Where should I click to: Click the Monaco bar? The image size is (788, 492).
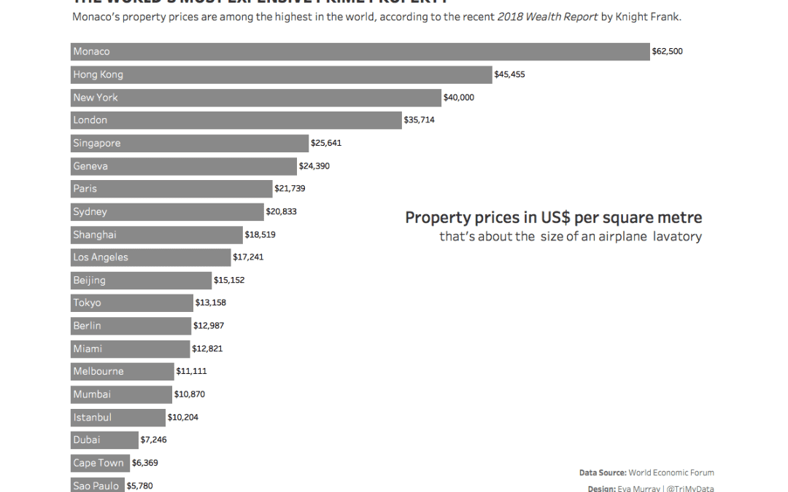(360, 52)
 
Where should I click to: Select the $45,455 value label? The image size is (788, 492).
(509, 74)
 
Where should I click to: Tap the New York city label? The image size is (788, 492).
(95, 98)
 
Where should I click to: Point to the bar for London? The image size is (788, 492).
(236, 120)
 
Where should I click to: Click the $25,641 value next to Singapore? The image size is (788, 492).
(326, 143)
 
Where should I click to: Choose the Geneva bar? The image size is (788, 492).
(184, 166)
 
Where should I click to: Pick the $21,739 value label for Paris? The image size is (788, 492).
(290, 189)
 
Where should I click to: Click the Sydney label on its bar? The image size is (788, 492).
(90, 212)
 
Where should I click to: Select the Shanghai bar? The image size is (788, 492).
(157, 235)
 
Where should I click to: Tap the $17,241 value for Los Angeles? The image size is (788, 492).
(248, 257)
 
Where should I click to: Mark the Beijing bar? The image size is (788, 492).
(141, 280)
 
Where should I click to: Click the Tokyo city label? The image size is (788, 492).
(87, 302)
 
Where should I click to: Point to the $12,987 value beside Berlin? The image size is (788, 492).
(208, 326)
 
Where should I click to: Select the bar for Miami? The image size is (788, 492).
(130, 348)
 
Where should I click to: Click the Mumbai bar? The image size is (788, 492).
(121, 394)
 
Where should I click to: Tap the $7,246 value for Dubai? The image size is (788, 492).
(153, 440)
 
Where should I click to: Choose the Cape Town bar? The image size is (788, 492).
(99, 463)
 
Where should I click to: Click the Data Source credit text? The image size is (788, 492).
(646, 473)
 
